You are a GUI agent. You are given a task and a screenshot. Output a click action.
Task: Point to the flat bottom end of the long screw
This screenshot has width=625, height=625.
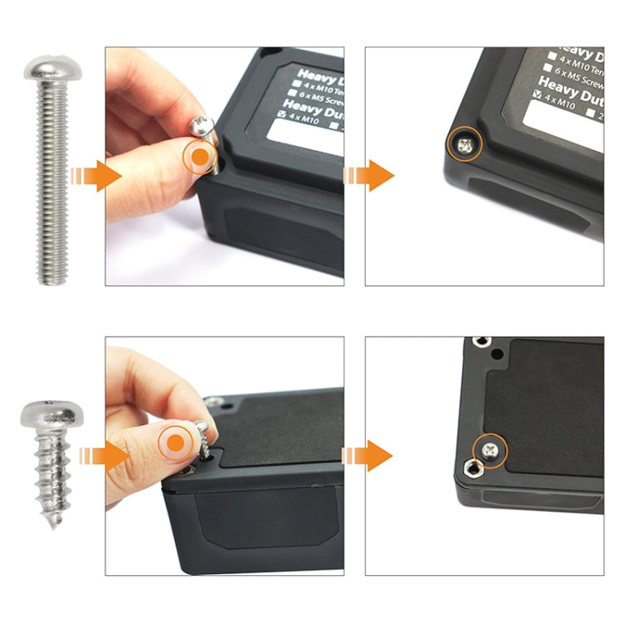tap(52, 282)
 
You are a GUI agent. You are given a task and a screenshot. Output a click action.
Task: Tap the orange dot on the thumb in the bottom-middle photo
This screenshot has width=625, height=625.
tap(176, 441)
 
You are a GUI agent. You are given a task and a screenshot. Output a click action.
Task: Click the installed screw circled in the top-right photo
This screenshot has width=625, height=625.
tap(463, 146)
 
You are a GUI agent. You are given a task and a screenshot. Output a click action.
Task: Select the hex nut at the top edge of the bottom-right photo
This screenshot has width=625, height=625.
tap(478, 342)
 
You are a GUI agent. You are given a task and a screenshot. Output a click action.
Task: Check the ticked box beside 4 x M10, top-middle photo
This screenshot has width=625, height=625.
tap(281, 114)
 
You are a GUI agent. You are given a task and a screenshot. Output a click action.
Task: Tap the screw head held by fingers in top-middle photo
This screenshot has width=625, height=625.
tap(203, 125)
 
